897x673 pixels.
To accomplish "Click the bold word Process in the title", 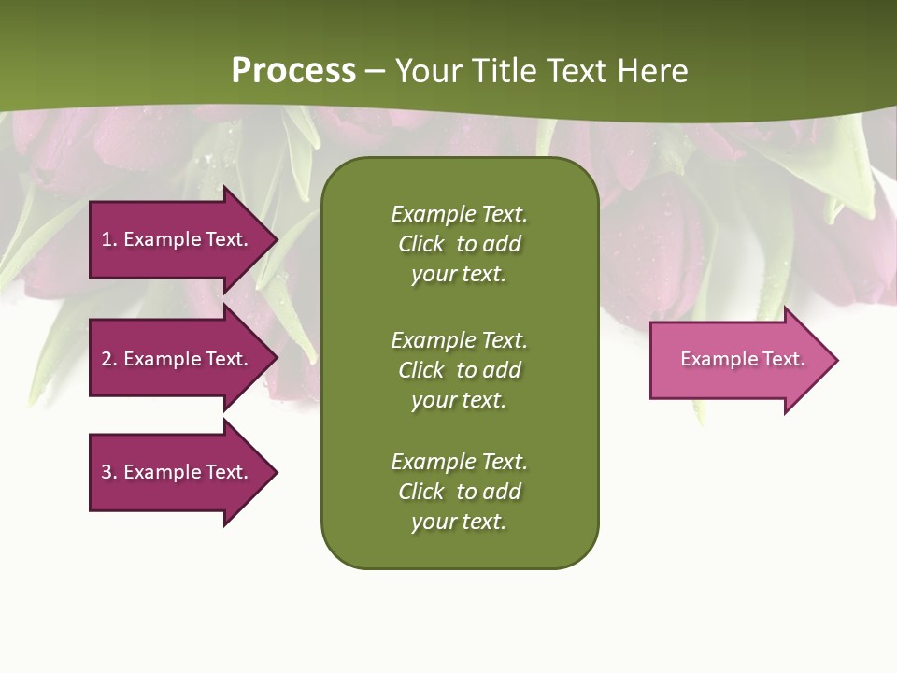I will click(293, 71).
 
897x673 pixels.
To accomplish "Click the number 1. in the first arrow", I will click(108, 239).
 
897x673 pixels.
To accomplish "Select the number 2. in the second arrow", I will click(108, 359).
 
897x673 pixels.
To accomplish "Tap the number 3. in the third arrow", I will click(108, 472).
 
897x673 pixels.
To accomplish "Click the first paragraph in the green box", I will click(459, 244).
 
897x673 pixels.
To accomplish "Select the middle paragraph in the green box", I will click(459, 370).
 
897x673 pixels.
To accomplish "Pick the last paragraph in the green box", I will click(459, 492).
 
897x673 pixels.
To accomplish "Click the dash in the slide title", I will click(375, 71).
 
